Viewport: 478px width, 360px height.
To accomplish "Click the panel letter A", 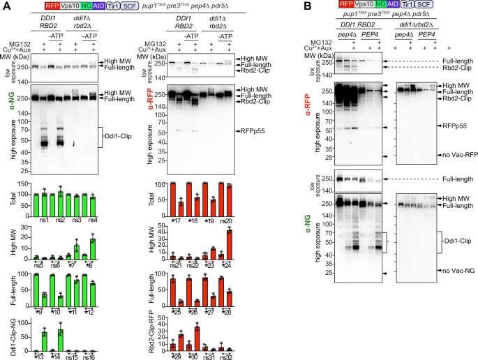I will click(x=5, y=6).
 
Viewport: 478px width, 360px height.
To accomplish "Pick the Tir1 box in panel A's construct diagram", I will click(x=111, y=6).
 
